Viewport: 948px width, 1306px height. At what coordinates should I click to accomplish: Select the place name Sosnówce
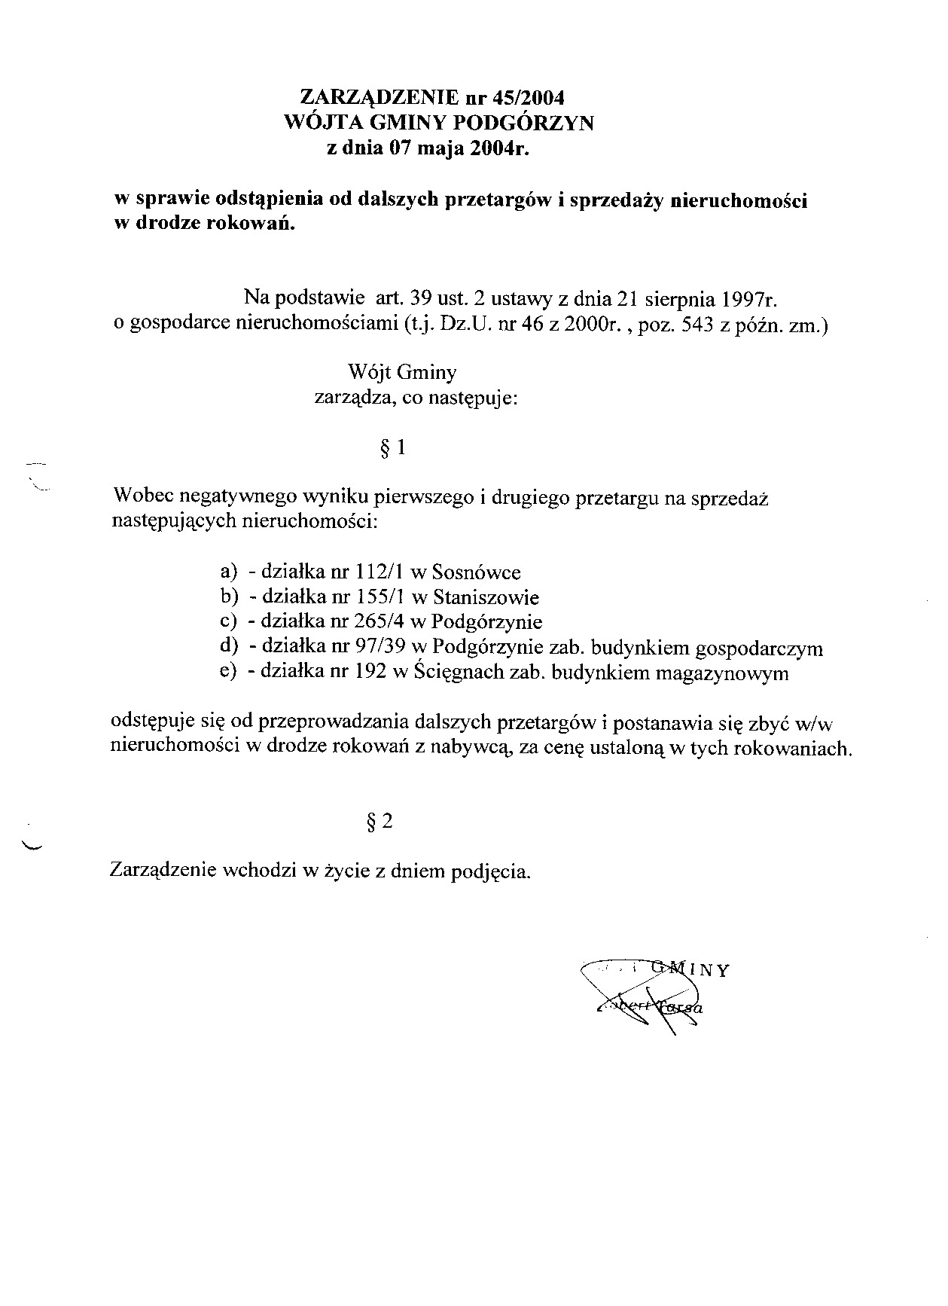[477, 572]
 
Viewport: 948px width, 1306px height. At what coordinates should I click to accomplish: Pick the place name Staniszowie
[486, 598]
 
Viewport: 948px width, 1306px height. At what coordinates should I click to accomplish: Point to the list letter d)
[228, 648]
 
